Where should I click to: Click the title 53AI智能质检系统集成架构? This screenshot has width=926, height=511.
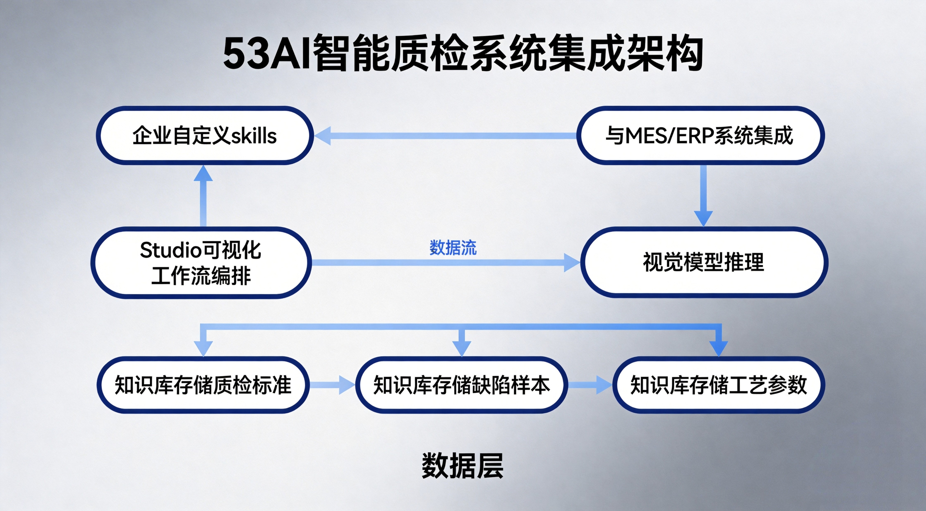point(463,53)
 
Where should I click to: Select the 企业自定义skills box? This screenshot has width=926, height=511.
point(204,136)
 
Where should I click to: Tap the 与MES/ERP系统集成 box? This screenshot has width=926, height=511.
point(700,136)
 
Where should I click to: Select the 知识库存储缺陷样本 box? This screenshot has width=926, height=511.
point(462,385)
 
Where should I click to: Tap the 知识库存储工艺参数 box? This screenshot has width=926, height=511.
point(718,385)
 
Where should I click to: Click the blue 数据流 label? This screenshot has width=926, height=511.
point(453,248)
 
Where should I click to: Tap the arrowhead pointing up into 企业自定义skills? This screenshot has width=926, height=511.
point(203,173)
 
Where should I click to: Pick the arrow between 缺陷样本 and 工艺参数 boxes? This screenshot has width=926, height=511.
point(590,385)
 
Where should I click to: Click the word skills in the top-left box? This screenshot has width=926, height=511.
point(254,136)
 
